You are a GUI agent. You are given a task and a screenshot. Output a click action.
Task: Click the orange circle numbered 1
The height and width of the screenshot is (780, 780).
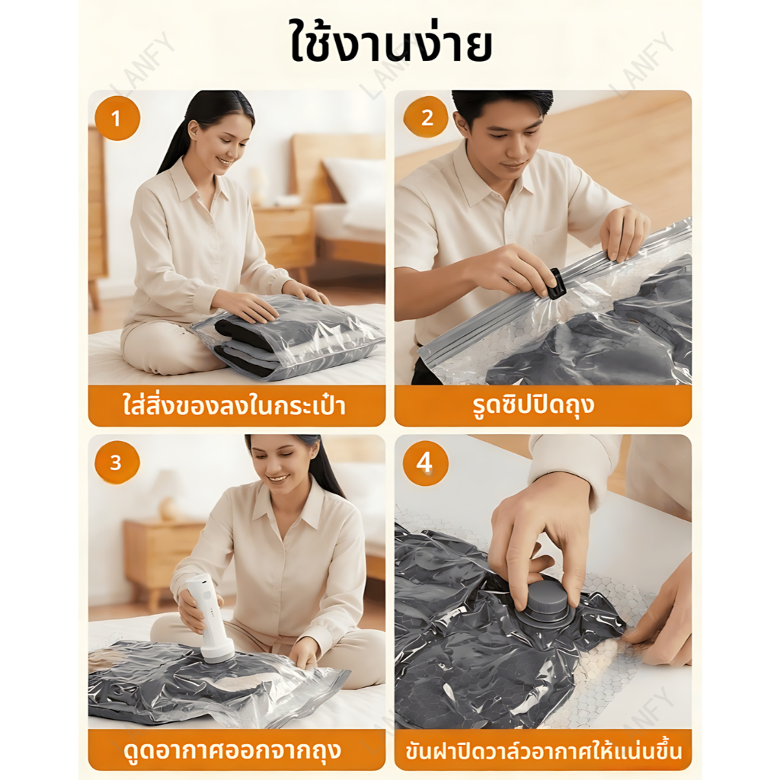pos(117,118)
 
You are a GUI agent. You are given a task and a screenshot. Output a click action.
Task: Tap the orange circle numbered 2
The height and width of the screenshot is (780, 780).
pos(427,117)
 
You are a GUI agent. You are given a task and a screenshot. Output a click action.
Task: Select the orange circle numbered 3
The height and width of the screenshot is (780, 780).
pos(117,462)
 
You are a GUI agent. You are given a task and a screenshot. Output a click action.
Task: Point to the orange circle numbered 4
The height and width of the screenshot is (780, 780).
pos(425,462)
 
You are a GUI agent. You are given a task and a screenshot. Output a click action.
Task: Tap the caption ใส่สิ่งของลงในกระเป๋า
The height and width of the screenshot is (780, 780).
pos(235,406)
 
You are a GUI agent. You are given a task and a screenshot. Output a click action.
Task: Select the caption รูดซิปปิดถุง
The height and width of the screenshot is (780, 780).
pos(533,405)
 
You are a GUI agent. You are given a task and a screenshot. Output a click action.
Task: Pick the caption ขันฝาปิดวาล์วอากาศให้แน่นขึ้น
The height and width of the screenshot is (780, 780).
pos(543,750)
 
